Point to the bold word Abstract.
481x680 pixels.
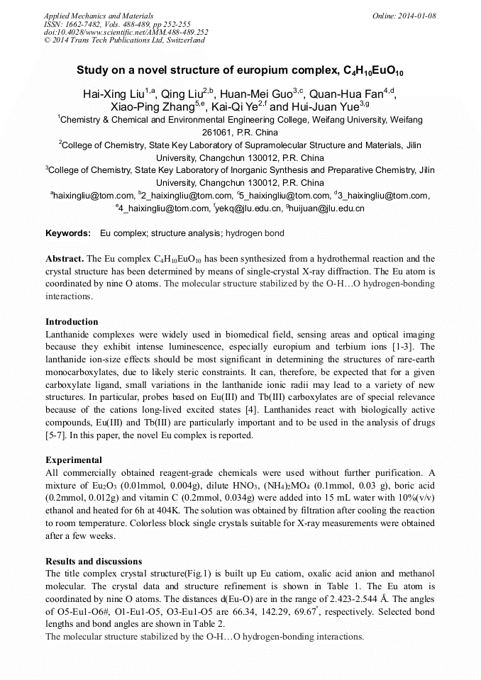pyautogui.click(x=65, y=259)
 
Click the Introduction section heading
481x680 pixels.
pyautogui.click(x=72, y=321)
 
